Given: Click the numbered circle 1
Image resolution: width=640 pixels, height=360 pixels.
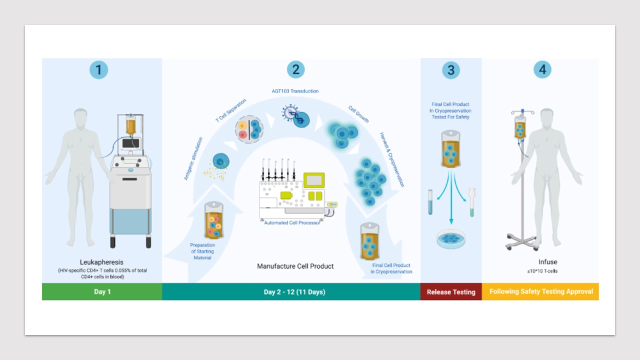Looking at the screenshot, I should [98, 70].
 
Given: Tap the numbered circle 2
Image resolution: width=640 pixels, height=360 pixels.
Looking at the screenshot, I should [295, 70].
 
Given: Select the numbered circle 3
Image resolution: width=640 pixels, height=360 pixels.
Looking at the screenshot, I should [450, 70].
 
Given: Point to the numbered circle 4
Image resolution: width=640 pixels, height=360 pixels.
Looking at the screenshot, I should [542, 70].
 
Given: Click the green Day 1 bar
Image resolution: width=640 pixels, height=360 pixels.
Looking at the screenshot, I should [102, 291].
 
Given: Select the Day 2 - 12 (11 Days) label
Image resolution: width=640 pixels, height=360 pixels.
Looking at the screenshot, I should [294, 292].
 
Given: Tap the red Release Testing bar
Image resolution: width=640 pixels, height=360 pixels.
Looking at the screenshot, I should [450, 292].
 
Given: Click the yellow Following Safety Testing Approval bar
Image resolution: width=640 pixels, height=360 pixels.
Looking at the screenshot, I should [541, 291].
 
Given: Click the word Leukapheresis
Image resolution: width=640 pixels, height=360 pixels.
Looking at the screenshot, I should [101, 262].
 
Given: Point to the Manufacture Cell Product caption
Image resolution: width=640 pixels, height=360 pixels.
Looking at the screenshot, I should [295, 266].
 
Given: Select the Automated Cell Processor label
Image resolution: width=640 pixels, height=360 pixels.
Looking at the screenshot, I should [292, 222].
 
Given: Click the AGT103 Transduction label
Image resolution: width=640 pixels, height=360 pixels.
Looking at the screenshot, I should [291, 91].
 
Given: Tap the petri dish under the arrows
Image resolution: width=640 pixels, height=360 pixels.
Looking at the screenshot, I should [450, 239].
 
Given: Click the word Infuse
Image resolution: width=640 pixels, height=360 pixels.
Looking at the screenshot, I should [547, 262].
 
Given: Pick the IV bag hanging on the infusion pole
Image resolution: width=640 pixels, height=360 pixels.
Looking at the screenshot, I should [520, 129].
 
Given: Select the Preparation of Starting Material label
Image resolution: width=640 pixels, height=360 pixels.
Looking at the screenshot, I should [202, 251].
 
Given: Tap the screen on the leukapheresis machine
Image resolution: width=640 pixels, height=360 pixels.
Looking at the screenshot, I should [130, 143].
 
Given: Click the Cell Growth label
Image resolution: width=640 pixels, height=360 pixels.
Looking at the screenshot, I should [358, 114].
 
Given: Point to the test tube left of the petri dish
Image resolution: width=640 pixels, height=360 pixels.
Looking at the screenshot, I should [430, 202].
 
